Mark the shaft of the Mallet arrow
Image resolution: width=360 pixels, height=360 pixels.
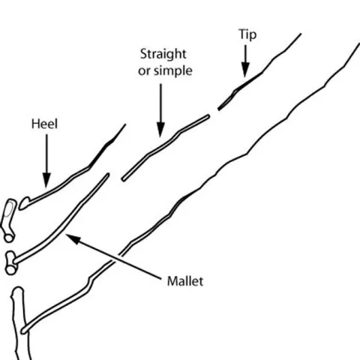pos(120,259)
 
